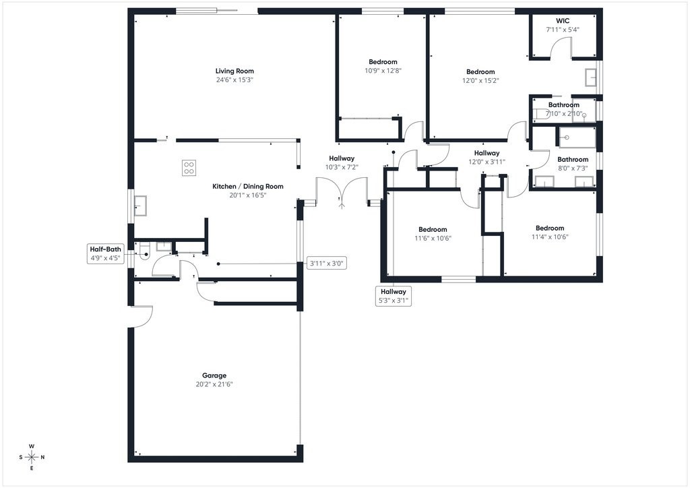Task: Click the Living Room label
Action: click(x=234, y=71)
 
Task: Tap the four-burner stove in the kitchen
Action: click(x=189, y=168)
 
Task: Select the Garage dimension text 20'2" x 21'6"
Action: click(x=214, y=384)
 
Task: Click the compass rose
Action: click(x=32, y=457)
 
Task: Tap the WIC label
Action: click(x=563, y=21)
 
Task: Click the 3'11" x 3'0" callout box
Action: click(x=326, y=264)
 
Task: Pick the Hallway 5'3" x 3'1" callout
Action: click(x=394, y=296)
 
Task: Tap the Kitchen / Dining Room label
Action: click(x=248, y=187)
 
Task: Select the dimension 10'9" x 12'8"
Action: click(x=383, y=70)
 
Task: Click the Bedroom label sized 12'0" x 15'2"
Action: click(x=480, y=71)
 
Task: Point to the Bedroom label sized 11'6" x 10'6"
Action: click(x=433, y=229)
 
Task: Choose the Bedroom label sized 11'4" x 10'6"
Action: click(x=550, y=228)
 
